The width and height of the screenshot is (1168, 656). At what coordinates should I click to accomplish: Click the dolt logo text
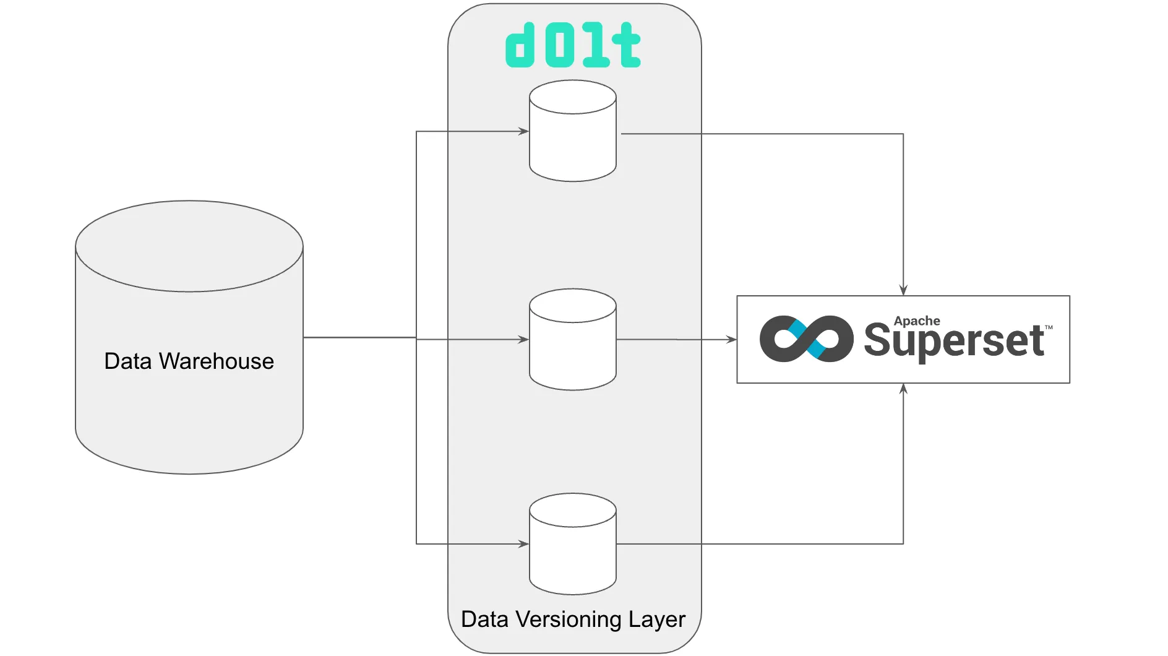pyautogui.click(x=573, y=46)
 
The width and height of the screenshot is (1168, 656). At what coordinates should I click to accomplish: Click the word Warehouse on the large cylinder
pyautogui.click(x=216, y=361)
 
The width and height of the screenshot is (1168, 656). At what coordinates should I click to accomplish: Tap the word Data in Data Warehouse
pyautogui.click(x=128, y=361)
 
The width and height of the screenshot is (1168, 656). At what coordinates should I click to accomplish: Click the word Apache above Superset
pyautogui.click(x=916, y=321)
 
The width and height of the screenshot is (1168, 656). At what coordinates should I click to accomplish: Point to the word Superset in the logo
pyautogui.click(x=953, y=341)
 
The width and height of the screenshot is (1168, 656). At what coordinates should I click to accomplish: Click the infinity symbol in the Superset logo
pyautogui.click(x=806, y=339)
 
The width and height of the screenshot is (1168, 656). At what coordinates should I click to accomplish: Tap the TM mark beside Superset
pyautogui.click(x=1049, y=327)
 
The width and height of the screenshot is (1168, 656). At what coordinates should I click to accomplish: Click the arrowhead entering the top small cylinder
pyautogui.click(x=523, y=131)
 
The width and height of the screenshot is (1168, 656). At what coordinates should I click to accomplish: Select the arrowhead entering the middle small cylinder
pyautogui.click(x=523, y=339)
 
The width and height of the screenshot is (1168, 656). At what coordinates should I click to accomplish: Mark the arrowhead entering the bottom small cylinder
pyautogui.click(x=523, y=544)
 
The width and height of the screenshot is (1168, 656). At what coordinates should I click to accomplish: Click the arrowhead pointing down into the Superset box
pyautogui.click(x=903, y=290)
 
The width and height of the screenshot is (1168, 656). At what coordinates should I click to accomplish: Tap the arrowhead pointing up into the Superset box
pyautogui.click(x=903, y=389)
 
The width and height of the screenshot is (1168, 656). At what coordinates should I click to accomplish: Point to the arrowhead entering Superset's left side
pyautogui.click(x=731, y=339)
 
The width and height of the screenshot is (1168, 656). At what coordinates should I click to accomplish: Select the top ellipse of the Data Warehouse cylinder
pyautogui.click(x=189, y=246)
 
